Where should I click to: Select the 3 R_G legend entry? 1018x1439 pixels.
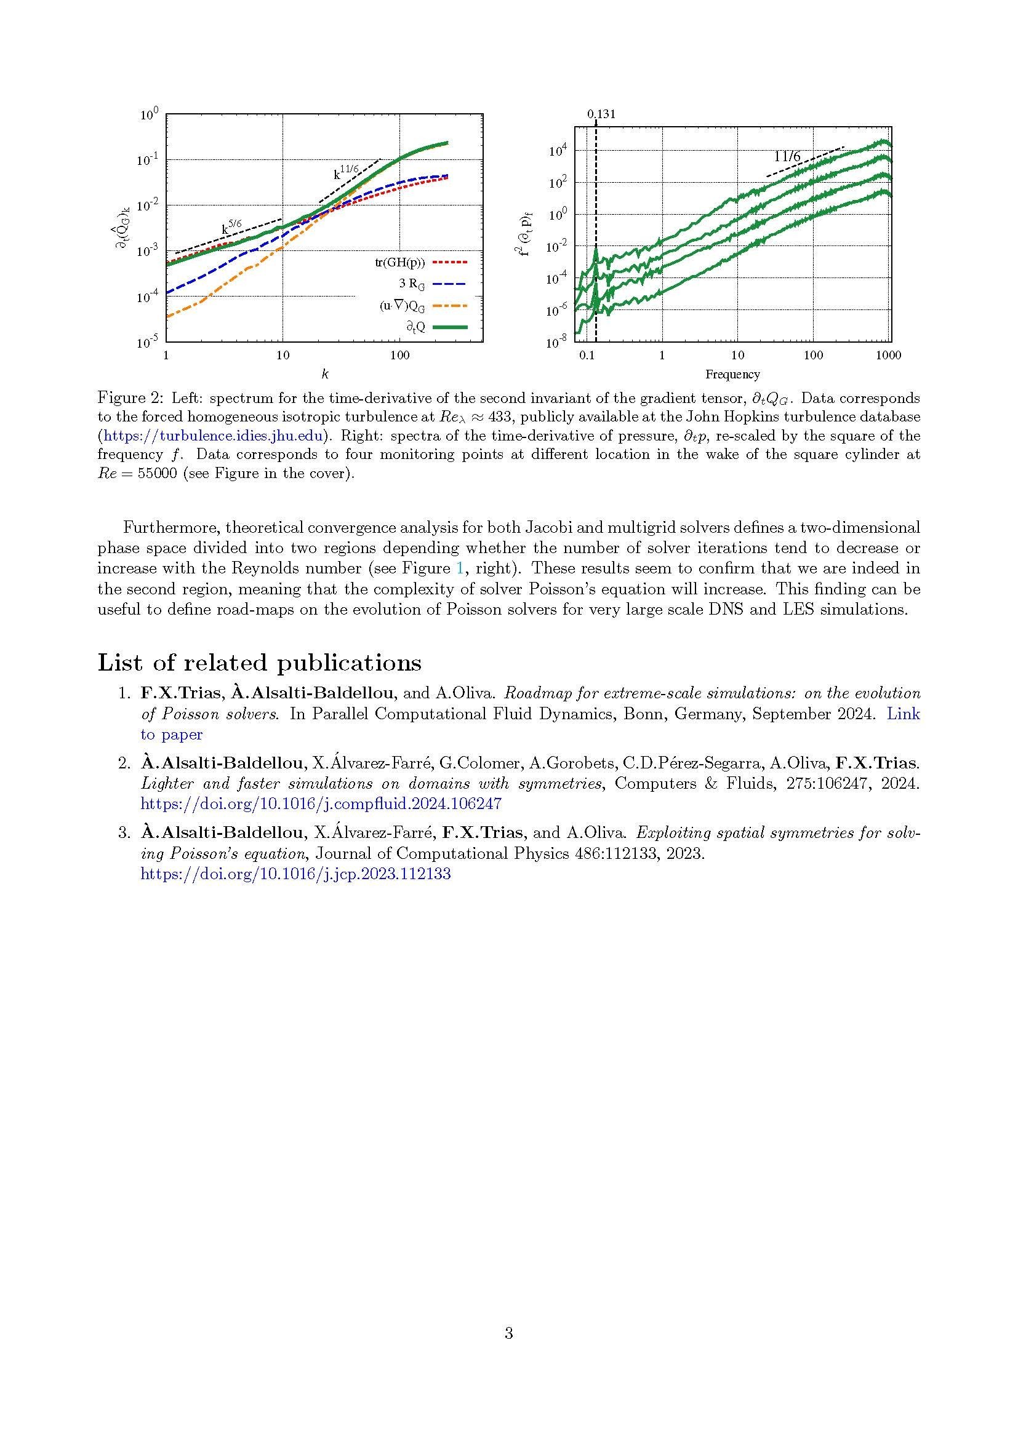[x=412, y=284]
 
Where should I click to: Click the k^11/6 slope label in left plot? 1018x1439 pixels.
[x=346, y=171]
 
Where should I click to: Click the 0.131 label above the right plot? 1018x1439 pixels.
[x=601, y=114]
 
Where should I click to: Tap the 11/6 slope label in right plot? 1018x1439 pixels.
[x=788, y=157]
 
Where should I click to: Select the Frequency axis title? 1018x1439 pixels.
[x=732, y=375]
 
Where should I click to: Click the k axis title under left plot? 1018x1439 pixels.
[x=325, y=375]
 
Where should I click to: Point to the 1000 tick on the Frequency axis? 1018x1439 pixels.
[x=888, y=356]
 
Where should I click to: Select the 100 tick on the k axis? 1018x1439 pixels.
[x=399, y=356]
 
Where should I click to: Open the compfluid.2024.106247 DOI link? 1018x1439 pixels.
[x=320, y=803]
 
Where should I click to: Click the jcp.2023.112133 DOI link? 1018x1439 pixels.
[x=295, y=874]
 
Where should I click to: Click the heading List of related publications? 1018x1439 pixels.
[x=260, y=663]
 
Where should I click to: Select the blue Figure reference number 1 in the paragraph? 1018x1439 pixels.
[x=462, y=568]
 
